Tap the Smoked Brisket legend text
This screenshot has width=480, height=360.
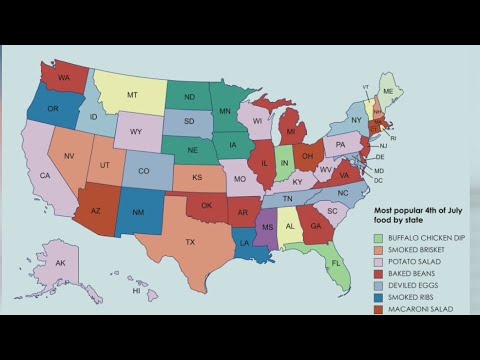(x=418, y=249)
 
